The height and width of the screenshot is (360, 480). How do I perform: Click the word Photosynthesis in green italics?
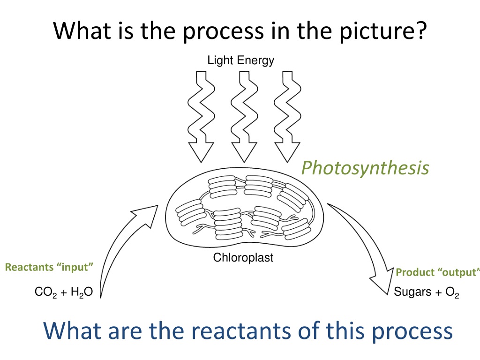pos(365,168)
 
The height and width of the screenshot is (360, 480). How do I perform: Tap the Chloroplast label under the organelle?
pos(243,257)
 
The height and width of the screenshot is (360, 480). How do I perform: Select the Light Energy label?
pos(240,60)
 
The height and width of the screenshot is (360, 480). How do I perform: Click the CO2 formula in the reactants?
pos(45,292)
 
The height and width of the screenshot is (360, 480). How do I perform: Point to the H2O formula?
pos(82,292)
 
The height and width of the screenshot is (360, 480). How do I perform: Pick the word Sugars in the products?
pos(412,292)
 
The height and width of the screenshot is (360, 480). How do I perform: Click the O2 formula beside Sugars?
pos(452,292)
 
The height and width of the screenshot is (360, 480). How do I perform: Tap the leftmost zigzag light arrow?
pos(201,117)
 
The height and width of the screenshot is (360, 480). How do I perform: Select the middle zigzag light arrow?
pos(244,117)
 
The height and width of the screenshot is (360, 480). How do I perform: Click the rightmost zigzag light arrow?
pos(287,117)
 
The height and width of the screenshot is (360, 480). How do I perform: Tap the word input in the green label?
pos(75,268)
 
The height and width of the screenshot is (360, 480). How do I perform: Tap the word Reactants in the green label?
pos(30,267)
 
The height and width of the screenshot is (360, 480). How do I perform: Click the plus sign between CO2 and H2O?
pos(64,292)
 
